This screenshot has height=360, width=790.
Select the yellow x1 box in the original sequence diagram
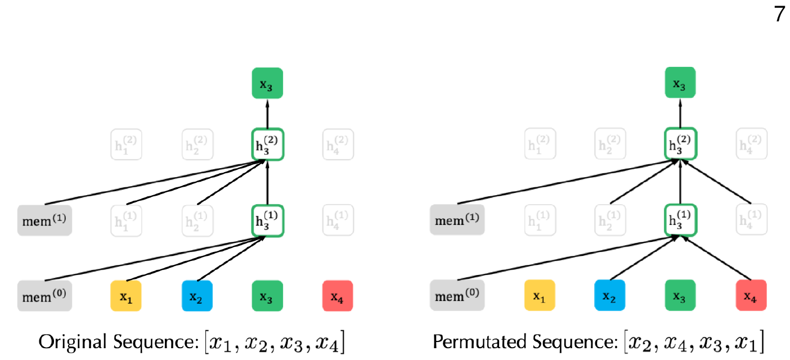125,295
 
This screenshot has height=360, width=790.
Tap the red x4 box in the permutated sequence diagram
751,295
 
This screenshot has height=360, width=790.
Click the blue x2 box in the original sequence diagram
196,295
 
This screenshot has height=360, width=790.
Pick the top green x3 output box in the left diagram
267,83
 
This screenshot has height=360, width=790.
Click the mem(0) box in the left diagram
44,295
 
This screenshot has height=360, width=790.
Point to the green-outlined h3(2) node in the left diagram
267,144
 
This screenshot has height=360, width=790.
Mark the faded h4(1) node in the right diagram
751,220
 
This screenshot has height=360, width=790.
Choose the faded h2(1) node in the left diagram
196,220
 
